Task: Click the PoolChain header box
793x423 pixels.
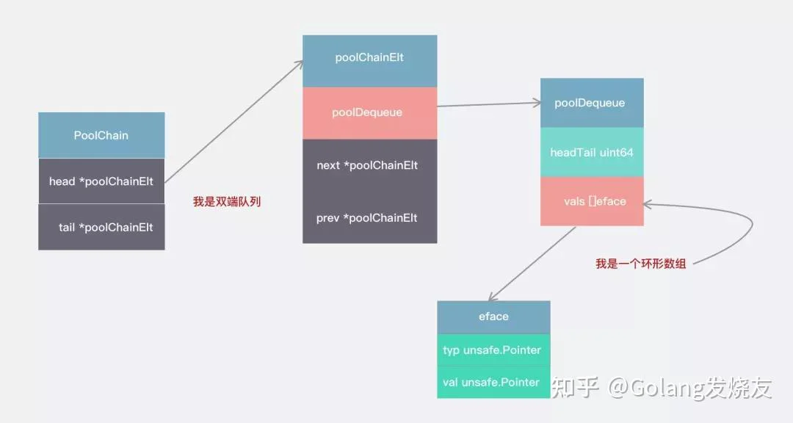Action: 101,135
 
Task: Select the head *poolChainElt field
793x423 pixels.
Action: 101,181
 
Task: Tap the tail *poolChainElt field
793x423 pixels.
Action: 101,227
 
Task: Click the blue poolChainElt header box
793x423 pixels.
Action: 369,61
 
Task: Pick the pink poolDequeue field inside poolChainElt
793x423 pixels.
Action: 369,113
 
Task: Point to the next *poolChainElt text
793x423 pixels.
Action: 367,165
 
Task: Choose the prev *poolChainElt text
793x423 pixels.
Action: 366,218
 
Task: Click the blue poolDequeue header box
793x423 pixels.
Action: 592,103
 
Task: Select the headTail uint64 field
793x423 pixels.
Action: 592,152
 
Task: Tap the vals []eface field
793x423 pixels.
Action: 592,201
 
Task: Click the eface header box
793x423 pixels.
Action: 493,317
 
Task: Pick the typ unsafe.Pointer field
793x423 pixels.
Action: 493,350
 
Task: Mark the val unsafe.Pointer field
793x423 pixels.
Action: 493,382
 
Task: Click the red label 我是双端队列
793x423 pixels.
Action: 227,202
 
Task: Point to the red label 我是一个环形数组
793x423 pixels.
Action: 641,264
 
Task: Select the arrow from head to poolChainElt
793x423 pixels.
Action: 234,121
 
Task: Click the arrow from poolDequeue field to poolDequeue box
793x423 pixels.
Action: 489,104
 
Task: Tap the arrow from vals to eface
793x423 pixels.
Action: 532,264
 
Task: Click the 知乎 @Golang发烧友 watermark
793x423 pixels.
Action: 662,388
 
